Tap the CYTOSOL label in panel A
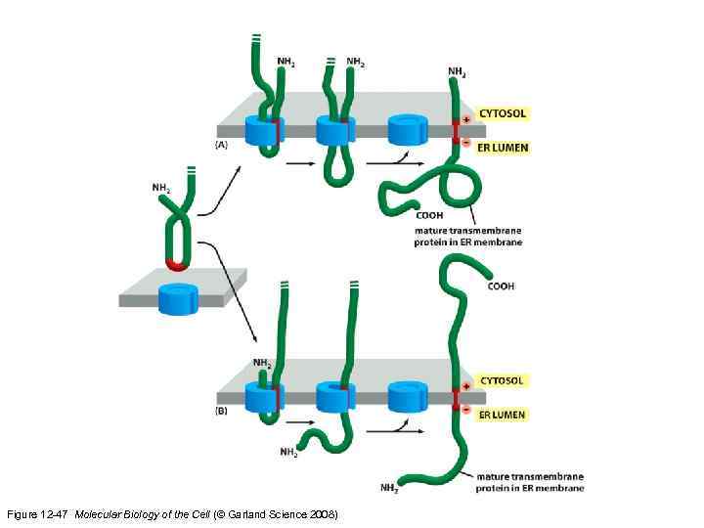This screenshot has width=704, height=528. [502, 113]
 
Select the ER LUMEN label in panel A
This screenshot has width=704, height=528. [502, 148]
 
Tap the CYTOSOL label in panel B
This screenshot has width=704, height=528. [502, 380]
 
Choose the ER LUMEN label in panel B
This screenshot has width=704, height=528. [502, 415]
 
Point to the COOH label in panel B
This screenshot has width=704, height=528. [501, 286]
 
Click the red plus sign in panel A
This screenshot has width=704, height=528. [466, 119]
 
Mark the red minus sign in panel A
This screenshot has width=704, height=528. [466, 142]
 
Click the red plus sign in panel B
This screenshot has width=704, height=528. [466, 387]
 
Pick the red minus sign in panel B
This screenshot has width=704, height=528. [466, 409]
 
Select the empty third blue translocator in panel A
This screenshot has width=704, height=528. [407, 130]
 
